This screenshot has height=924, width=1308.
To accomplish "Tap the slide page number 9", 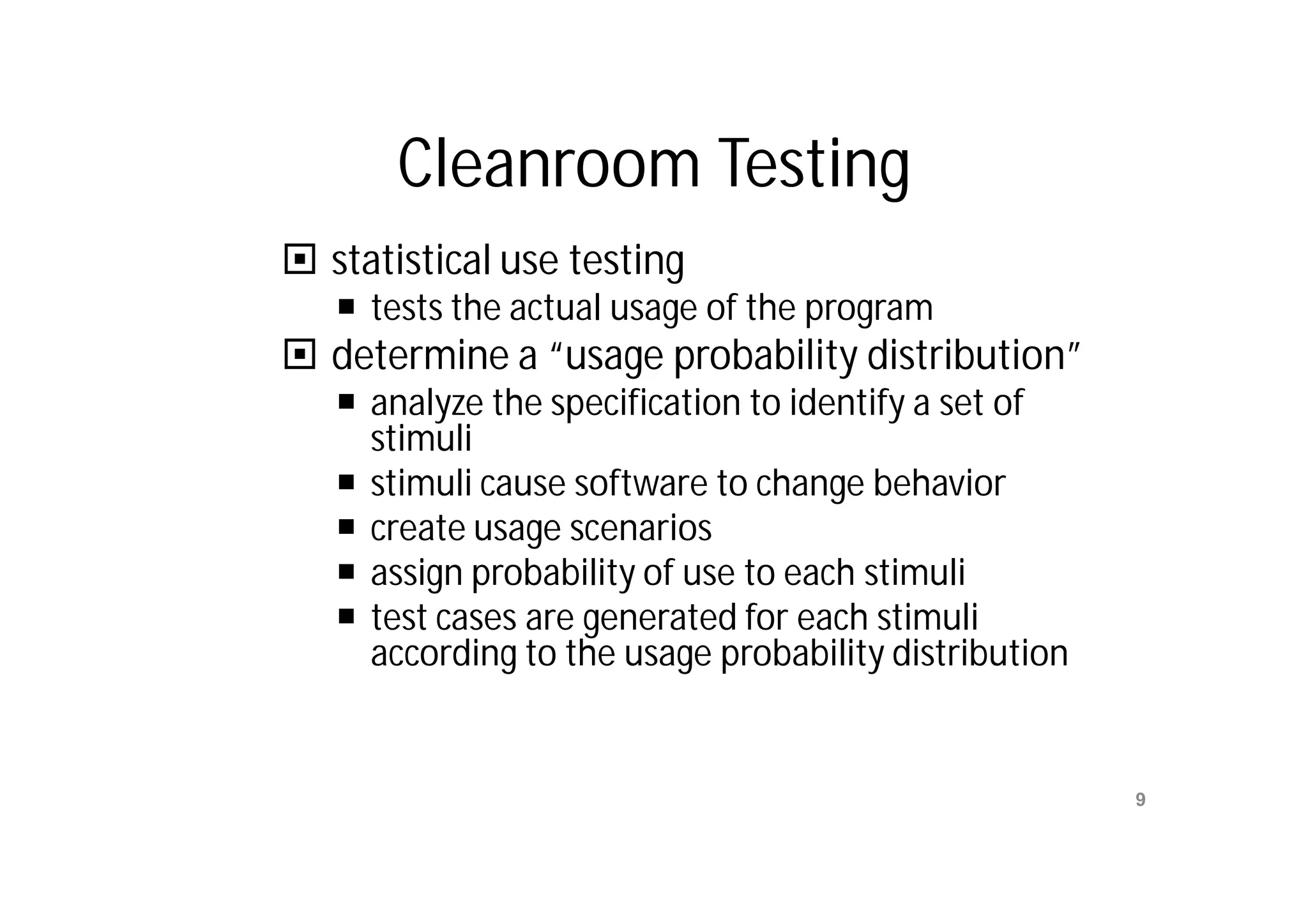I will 1140,799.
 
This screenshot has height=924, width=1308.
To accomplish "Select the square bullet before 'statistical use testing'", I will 300,260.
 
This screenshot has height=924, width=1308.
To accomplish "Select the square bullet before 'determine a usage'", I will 300,354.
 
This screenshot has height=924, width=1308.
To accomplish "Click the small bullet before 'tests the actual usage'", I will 346,307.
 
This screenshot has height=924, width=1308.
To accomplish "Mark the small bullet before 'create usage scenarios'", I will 346,527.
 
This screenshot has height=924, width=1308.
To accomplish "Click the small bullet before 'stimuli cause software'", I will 346,481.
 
